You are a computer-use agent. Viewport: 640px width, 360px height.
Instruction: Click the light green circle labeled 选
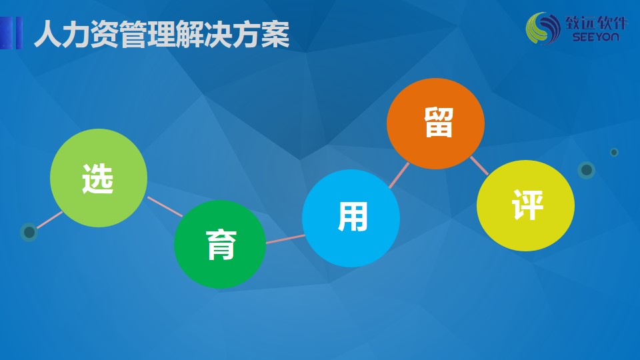pos(99,178)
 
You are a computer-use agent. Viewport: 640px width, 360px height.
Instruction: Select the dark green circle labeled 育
pos(220,244)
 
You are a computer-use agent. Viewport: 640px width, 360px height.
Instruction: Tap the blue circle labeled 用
pos(351,219)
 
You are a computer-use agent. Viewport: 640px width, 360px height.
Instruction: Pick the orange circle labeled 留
pos(435,123)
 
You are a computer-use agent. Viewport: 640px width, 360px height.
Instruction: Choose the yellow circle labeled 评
pos(526,205)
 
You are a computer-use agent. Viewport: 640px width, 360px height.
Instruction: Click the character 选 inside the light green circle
pos(97,179)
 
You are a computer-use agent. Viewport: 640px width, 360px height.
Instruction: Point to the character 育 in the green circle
pos(221,245)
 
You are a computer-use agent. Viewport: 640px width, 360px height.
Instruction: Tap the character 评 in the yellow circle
pos(528,205)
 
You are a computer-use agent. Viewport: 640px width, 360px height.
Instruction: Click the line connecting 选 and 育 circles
pos(165,207)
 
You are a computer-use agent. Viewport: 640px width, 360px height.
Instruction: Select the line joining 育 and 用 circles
pos(285,239)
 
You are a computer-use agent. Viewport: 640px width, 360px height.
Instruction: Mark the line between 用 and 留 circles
pos(399,175)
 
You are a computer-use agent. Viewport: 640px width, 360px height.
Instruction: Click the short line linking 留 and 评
pos(479,166)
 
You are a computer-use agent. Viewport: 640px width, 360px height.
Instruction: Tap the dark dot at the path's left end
pos(29,232)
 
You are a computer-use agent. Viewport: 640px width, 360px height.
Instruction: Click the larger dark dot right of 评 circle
pos(587,170)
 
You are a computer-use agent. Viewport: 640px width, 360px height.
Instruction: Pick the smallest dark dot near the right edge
pos(614,152)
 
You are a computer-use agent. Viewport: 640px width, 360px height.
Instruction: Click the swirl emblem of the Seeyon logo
pos(543,28)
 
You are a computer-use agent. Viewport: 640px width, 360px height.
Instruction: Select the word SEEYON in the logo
pos(595,37)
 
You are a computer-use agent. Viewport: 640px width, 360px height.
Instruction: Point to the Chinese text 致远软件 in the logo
pos(596,23)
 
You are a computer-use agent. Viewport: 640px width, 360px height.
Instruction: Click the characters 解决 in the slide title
pos(204,34)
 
